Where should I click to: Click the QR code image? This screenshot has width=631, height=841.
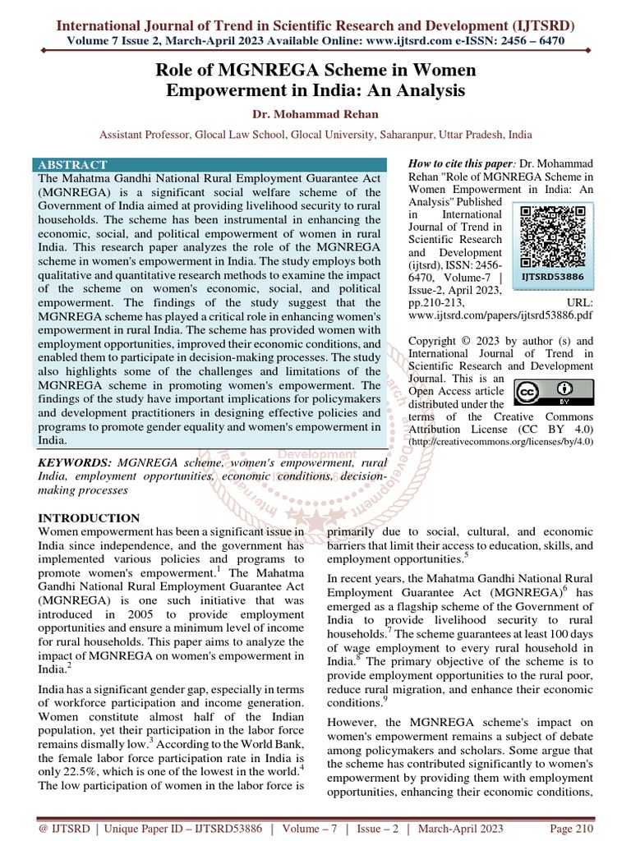555,236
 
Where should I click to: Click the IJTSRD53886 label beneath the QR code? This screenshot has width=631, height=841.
555,278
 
